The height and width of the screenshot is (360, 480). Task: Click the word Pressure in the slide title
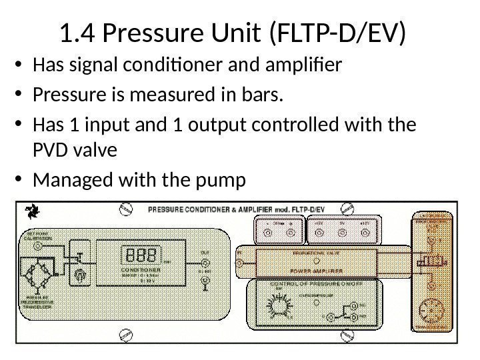point(145,33)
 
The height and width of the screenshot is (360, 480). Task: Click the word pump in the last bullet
point(223,181)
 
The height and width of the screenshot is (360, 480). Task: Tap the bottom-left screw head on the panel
point(124,334)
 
